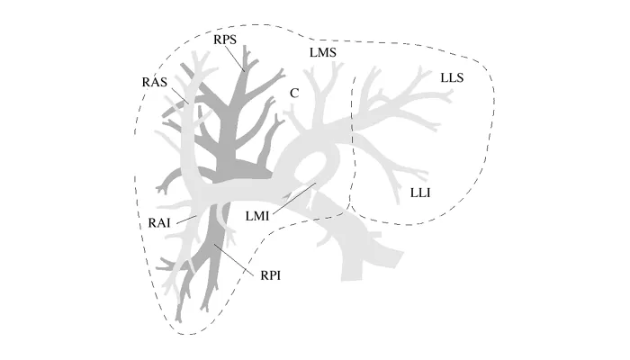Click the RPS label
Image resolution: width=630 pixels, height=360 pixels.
pos(227,40)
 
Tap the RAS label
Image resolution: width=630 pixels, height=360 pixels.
pos(156,82)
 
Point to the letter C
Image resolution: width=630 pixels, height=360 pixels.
pos(293,93)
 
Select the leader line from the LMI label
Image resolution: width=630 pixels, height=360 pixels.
pos(292,198)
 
